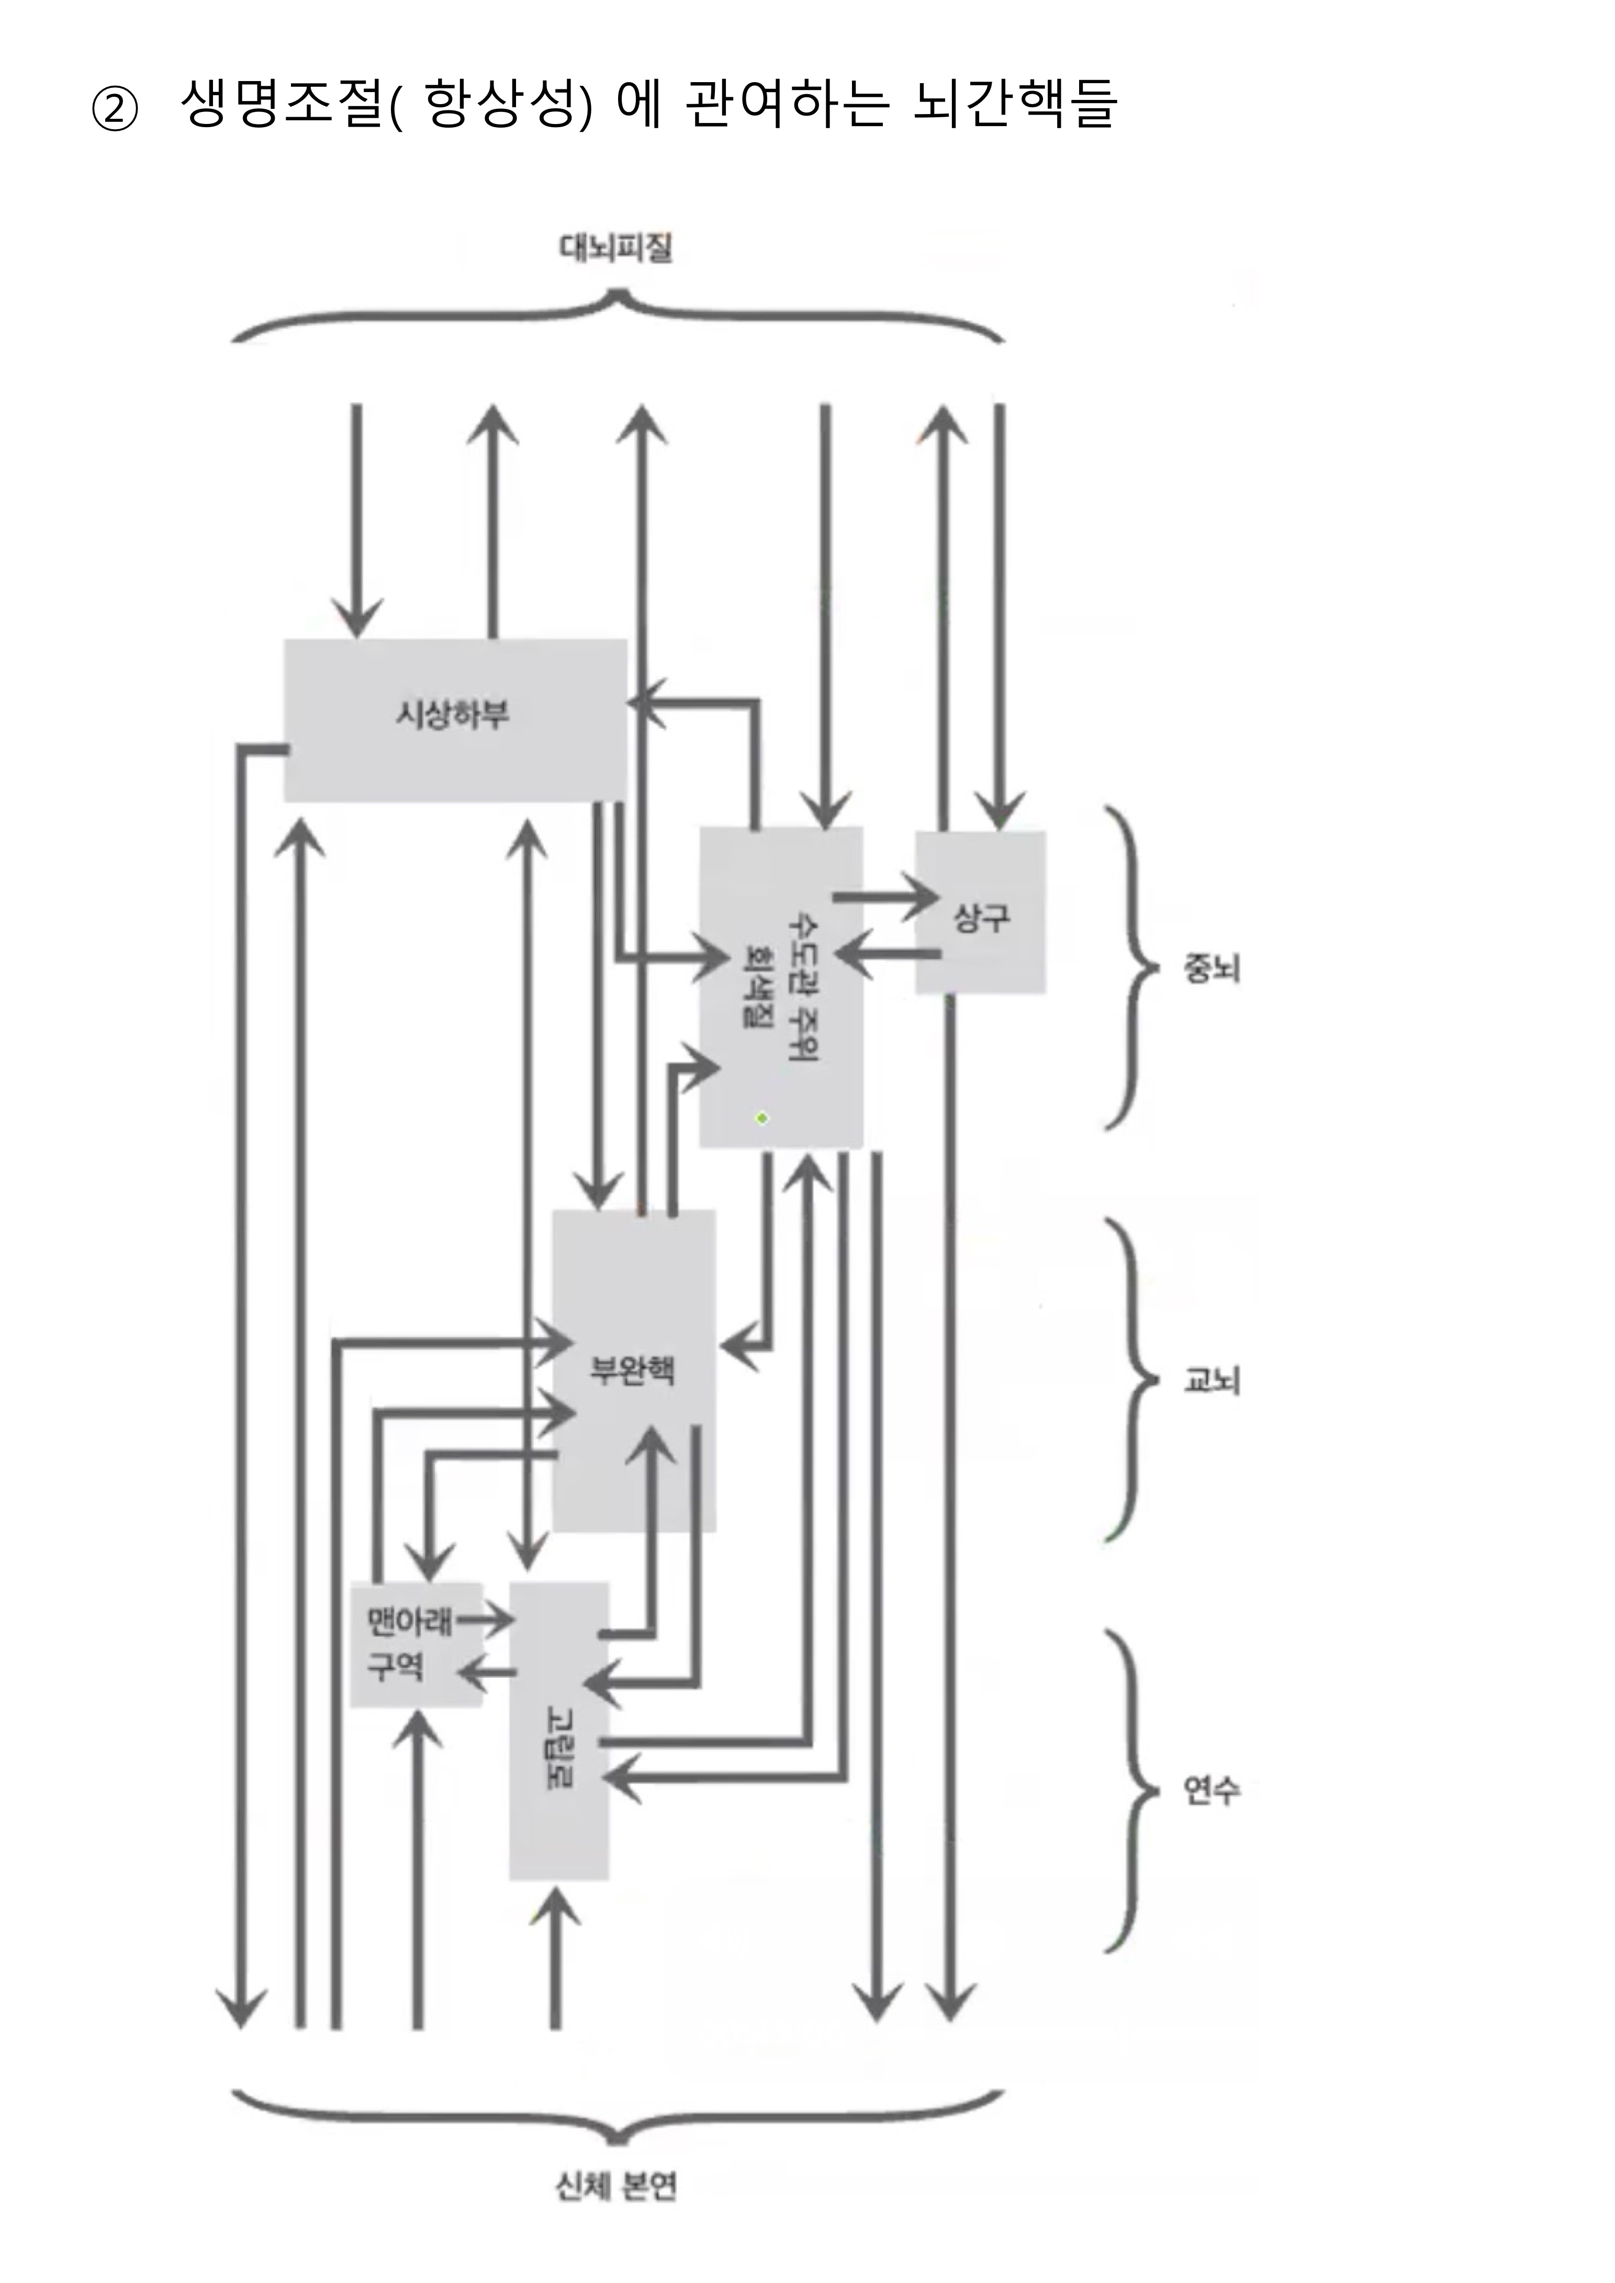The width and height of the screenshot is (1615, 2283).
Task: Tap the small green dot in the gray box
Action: click(x=762, y=1118)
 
